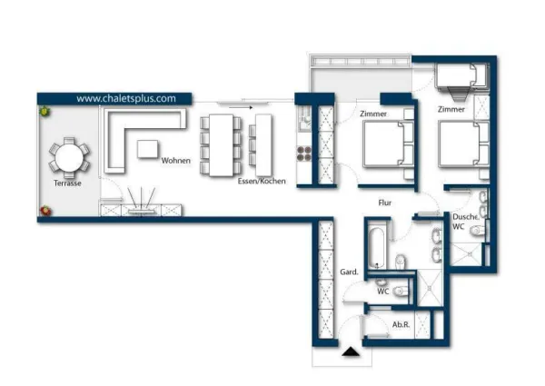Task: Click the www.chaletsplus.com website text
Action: [126, 99]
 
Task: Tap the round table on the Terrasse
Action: [69, 158]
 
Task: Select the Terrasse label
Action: [67, 183]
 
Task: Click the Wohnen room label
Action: [176, 161]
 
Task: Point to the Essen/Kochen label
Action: [262, 181]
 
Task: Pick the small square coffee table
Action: [148, 149]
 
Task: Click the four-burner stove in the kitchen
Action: [303, 153]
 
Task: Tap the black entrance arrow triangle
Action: [351, 351]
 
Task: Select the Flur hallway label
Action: [385, 203]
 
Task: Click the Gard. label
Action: [349, 272]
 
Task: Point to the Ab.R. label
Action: [401, 324]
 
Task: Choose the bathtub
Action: [377, 248]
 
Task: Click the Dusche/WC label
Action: [465, 222]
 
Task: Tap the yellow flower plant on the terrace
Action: [45, 112]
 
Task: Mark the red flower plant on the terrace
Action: [45, 211]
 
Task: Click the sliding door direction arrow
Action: [241, 108]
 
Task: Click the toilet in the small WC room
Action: [401, 291]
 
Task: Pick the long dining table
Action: [221, 145]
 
